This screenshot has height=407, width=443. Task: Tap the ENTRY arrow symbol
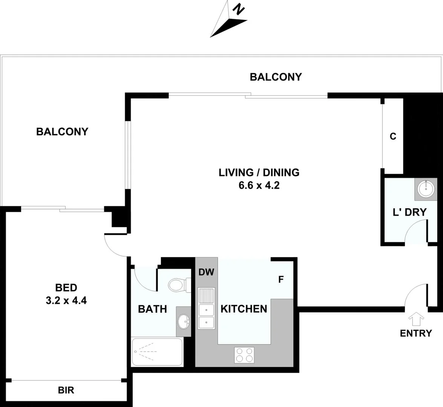pyautogui.click(x=416, y=319)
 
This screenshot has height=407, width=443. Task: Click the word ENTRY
pyautogui.click(x=415, y=333)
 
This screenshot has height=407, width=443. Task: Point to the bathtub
pyautogui.click(x=157, y=352)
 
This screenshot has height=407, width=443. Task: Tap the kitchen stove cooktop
pyautogui.click(x=244, y=355)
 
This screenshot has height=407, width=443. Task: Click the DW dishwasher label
pyautogui.click(x=206, y=272)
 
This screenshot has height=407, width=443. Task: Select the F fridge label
pyautogui.click(x=281, y=280)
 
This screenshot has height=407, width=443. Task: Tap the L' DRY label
pyautogui.click(x=409, y=212)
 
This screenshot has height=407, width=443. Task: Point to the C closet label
pyautogui.click(x=393, y=136)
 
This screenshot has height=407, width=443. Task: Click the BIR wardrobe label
pyautogui.click(x=66, y=390)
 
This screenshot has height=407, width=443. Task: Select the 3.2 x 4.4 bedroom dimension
pyautogui.click(x=66, y=301)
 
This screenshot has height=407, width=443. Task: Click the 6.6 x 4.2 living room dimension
pyautogui.click(x=259, y=185)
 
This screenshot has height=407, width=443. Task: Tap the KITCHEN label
pyautogui.click(x=244, y=309)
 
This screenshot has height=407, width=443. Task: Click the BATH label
pyautogui.click(x=152, y=309)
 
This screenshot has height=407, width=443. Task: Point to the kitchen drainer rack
pyautogui.click(x=206, y=295)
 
